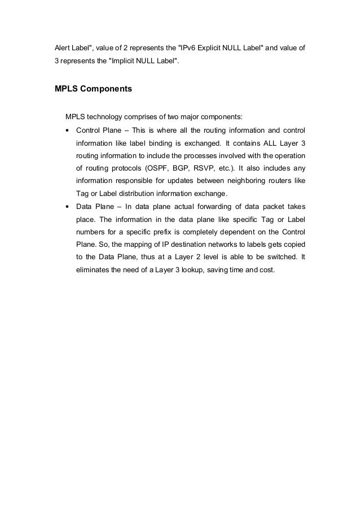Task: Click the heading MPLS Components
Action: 94,89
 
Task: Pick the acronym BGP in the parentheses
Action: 187,168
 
